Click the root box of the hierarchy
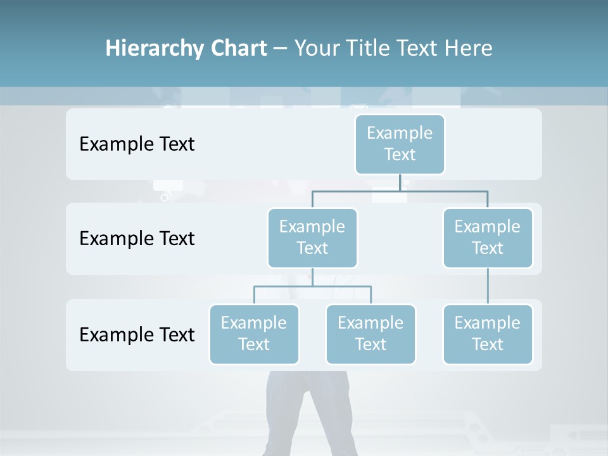(400, 144)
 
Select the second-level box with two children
(312, 238)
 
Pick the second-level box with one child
(488, 238)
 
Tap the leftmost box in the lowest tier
(254, 334)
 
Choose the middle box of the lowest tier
(370, 334)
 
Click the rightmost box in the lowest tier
(488, 334)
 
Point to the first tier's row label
(137, 144)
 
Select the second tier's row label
(137, 239)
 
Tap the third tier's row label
(137, 334)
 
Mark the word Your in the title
(316, 48)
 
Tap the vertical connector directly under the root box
(400, 182)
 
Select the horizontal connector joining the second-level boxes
(443, 191)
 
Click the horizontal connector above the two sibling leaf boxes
(342, 286)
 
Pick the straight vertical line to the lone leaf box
(488, 286)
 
